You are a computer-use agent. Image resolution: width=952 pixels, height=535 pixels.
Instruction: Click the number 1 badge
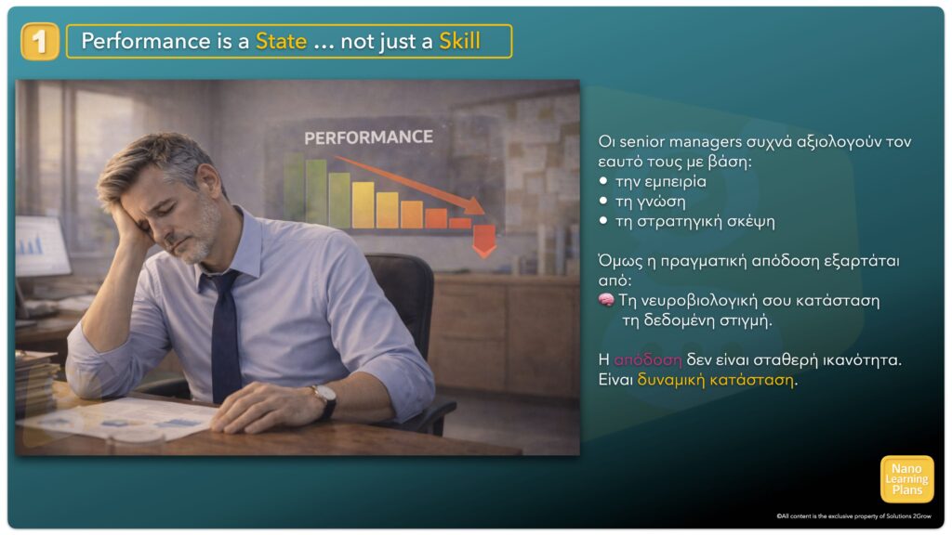coord(39,41)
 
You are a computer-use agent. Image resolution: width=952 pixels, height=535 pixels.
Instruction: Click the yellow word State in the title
coord(281,41)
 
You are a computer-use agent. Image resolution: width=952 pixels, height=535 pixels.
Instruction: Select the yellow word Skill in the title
coord(459,41)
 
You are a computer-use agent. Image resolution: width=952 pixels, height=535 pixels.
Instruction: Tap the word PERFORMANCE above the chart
coord(368,137)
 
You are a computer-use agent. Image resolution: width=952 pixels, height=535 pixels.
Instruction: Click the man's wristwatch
coord(325,399)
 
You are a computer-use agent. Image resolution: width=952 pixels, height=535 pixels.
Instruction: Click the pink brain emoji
coord(606,300)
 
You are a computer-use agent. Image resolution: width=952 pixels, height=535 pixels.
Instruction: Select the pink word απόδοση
coord(648,359)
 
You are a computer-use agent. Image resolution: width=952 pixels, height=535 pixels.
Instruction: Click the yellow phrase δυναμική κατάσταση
coord(715,380)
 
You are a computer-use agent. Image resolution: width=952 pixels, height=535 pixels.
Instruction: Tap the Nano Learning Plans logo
coord(906,479)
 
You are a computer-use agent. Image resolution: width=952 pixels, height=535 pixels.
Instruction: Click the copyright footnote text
coord(853,516)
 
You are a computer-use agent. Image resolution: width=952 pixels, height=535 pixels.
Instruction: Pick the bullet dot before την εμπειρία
coord(602,181)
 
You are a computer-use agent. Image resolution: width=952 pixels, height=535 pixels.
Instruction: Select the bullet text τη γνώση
coord(650,202)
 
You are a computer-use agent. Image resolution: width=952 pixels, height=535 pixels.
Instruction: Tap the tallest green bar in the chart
coord(316,192)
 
